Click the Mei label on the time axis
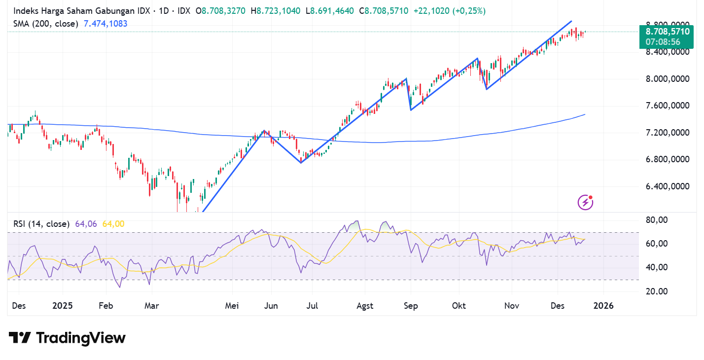pos(232,306)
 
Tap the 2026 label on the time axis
pos(603,306)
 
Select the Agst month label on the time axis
pos(365,306)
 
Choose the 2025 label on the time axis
pos(62,306)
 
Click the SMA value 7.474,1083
pos(106,23)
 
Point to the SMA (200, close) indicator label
pos(45,23)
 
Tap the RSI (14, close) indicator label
pos(41,224)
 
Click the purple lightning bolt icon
pos(585,202)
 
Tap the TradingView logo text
pos(81,338)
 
